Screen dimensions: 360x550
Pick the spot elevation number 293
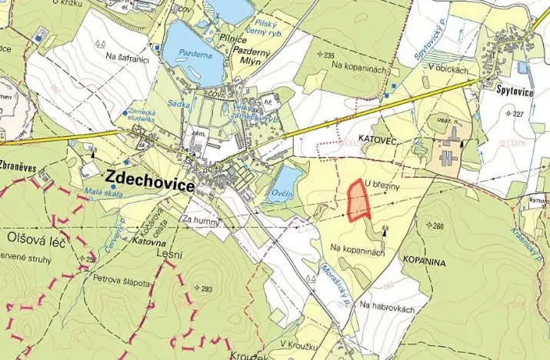click(205, 289)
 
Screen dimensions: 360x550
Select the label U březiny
click(382, 184)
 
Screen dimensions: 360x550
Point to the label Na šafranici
click(127, 56)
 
